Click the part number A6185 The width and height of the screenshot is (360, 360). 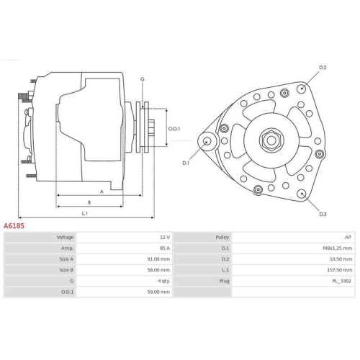pyautogui.click(x=15, y=225)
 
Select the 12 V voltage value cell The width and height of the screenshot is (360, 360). pyautogui.click(x=164, y=237)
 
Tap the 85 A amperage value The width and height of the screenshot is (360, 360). pyautogui.click(x=164, y=248)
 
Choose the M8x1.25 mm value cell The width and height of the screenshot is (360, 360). pyautogui.click(x=337, y=248)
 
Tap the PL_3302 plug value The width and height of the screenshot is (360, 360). pyautogui.click(x=341, y=281)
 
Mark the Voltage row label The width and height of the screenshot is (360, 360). pyautogui.click(x=66, y=237)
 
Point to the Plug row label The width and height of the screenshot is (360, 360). pyautogui.click(x=223, y=281)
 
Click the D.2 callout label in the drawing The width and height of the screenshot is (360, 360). pyautogui.click(x=323, y=68)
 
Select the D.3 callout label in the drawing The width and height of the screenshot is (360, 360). pyautogui.click(x=323, y=215)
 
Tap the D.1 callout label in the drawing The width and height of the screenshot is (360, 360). pyautogui.click(x=186, y=163)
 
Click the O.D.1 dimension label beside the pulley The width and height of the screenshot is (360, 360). pyautogui.click(x=174, y=129)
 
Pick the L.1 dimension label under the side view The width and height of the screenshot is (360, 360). pyautogui.click(x=85, y=213)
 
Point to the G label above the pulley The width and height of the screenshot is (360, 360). pyautogui.click(x=143, y=78)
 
